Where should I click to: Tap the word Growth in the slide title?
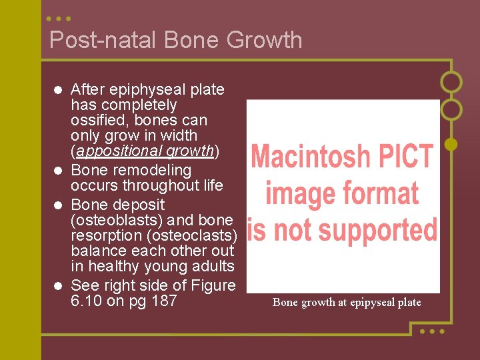click(x=264, y=40)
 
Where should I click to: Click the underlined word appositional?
click(x=114, y=151)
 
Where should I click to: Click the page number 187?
click(x=164, y=301)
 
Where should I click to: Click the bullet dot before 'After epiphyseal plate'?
click(x=59, y=90)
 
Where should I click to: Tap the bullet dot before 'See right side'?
click(x=59, y=286)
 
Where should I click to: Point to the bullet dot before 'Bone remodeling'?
click(x=59, y=171)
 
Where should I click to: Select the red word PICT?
click(x=408, y=157)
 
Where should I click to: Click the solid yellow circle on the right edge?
click(x=451, y=143)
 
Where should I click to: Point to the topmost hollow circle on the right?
click(x=451, y=82)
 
